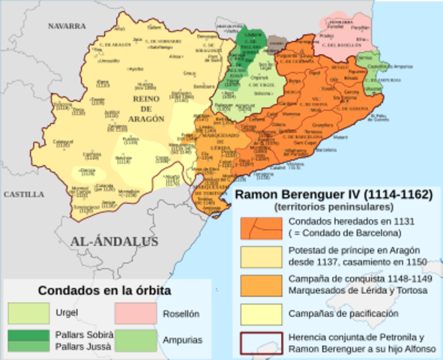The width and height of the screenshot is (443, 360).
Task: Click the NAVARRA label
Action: (67, 25)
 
